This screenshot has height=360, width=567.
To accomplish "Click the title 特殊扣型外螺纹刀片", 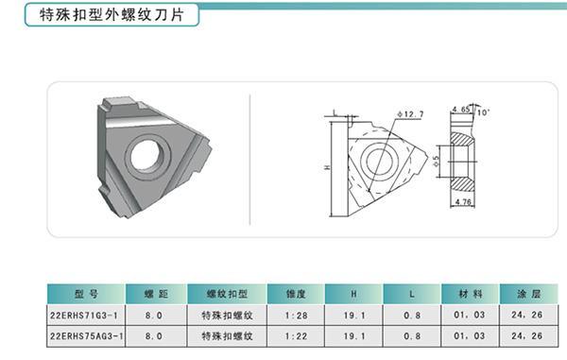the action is pos(112,15).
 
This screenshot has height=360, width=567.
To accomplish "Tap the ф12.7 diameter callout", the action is pos(410,114).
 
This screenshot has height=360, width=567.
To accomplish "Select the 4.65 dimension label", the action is pos(461,110).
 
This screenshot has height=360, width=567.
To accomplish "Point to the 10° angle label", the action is pos(483,112).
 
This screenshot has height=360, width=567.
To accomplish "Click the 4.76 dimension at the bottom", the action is pos(463,201).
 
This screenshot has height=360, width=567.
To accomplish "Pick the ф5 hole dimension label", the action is pos(436,161).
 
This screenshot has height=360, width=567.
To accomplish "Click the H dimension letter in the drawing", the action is pos(327,167).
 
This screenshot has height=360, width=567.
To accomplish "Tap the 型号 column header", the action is pos(86,294).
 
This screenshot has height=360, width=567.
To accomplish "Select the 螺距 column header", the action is pos(156,294).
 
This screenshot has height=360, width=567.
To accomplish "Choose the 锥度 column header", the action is pos(296,294).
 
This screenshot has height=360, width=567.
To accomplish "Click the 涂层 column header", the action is pos(528,294).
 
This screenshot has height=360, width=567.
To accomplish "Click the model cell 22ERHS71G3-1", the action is pos(84,316).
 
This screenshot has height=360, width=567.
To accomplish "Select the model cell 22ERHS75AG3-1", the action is pos(86,336).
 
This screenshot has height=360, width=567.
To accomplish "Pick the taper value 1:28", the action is pos(296,316).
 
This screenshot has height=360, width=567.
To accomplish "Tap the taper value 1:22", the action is pos(296,336).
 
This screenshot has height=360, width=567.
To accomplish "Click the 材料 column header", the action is pos(470,294).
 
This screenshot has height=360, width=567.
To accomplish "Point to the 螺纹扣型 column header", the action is pos(227,294).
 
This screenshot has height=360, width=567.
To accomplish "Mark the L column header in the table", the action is pos(412,294).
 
